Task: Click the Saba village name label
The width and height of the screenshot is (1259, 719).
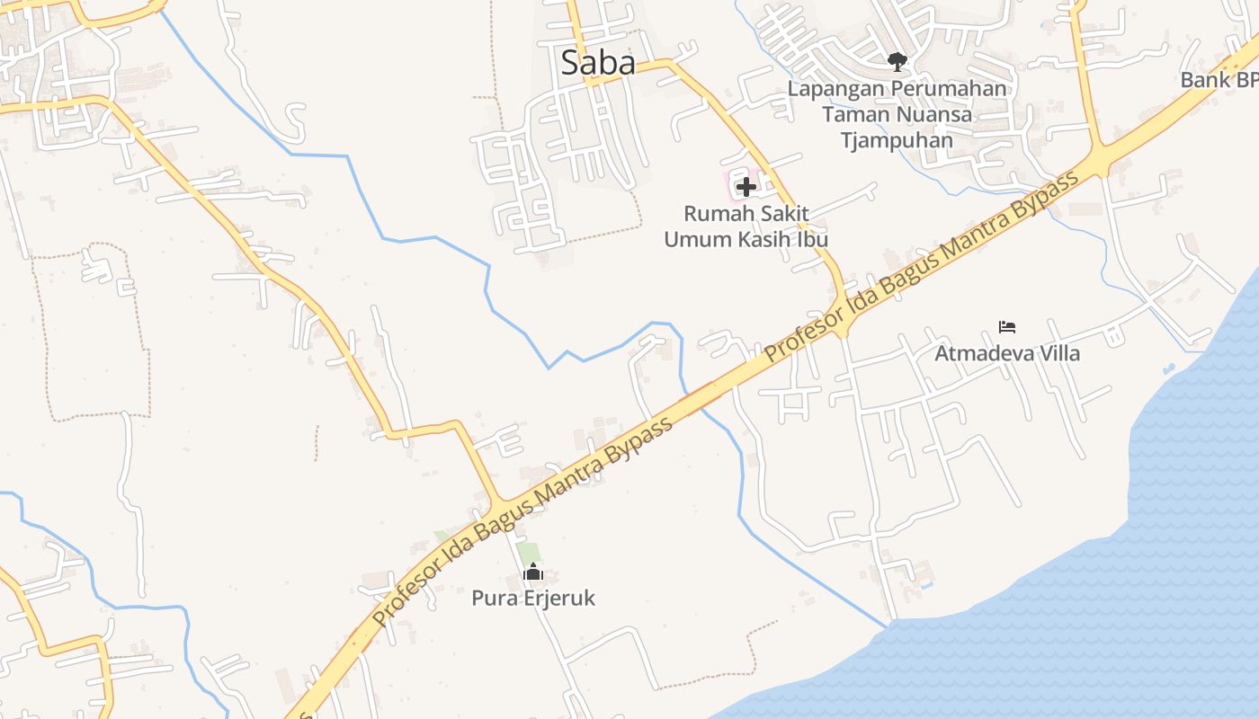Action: tap(598, 62)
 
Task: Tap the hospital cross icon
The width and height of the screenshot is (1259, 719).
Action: tap(746, 187)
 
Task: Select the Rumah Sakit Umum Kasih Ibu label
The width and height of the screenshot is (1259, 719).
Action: tap(746, 226)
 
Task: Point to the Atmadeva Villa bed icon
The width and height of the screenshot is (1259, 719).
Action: tap(1007, 326)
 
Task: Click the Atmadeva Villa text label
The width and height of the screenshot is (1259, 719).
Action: tap(1007, 352)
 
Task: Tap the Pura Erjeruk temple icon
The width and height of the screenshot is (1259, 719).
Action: tap(533, 572)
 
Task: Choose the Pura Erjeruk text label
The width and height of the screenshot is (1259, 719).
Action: tap(533, 598)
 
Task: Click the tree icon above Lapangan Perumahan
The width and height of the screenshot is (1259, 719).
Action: tap(897, 61)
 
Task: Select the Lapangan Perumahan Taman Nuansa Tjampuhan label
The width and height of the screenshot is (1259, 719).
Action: tap(897, 114)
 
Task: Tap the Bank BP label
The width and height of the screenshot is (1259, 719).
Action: tap(1219, 80)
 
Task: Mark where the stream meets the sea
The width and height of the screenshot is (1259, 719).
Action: tap(889, 626)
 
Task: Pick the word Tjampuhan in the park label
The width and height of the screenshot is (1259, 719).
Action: tap(897, 140)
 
